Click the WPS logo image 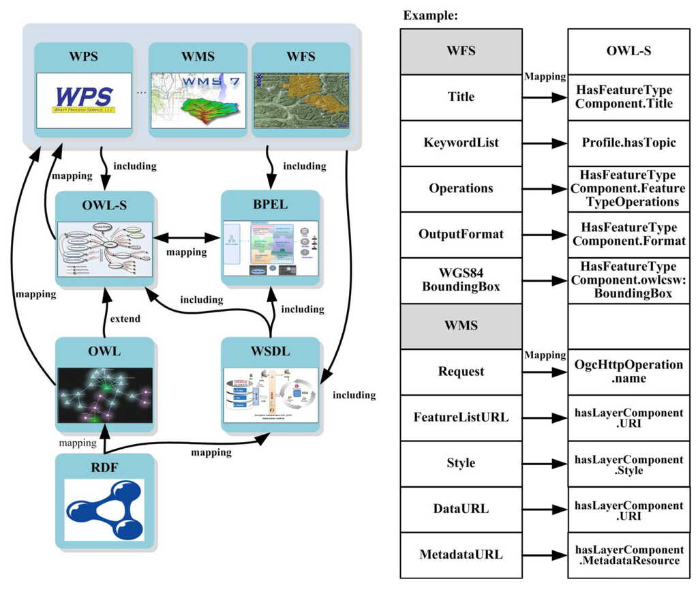(x=85, y=100)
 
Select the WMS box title (x=198, y=57)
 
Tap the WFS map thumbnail (x=301, y=100)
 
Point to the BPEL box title (x=271, y=205)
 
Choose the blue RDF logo (x=104, y=510)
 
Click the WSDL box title (x=271, y=351)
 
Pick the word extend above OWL (x=125, y=319)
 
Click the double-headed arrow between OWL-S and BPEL (x=187, y=239)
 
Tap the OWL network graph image (x=104, y=396)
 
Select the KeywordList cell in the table (x=461, y=143)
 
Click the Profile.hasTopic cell (x=628, y=143)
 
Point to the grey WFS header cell (x=461, y=52)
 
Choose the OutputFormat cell (x=461, y=235)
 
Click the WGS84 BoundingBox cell (x=461, y=280)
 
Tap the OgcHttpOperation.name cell (x=628, y=372)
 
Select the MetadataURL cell (x=461, y=555)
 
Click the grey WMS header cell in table (x=461, y=326)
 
